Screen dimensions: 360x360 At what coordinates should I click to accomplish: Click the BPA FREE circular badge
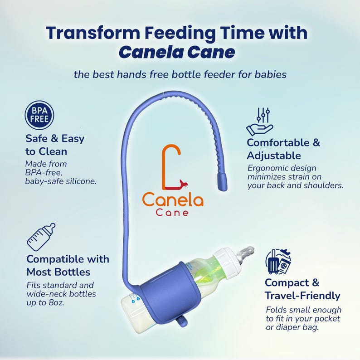point(39,115)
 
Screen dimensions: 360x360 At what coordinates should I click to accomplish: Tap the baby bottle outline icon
point(41,237)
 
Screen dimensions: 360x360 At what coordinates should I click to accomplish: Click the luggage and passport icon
point(278,261)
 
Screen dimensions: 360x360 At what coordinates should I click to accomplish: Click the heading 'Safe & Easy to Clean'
point(54,145)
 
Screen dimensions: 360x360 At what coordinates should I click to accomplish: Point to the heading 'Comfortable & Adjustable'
point(283,149)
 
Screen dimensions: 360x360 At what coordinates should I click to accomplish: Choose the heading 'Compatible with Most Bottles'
point(68,266)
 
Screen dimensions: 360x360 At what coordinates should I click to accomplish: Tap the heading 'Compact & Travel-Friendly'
point(302,289)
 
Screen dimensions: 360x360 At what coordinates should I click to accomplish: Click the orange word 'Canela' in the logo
point(173,199)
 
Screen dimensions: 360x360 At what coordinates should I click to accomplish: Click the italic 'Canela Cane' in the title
point(177,53)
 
